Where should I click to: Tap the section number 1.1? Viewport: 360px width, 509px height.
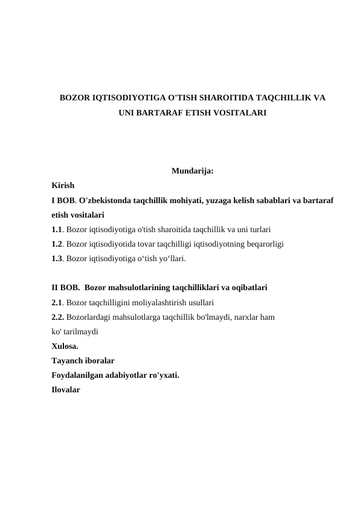(57, 230)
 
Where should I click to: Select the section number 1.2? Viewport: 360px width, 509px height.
(57, 244)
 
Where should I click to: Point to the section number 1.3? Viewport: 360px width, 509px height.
(57, 259)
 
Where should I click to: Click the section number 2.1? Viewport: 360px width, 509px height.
(57, 302)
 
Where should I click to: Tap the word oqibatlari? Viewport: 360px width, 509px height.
(250, 288)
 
